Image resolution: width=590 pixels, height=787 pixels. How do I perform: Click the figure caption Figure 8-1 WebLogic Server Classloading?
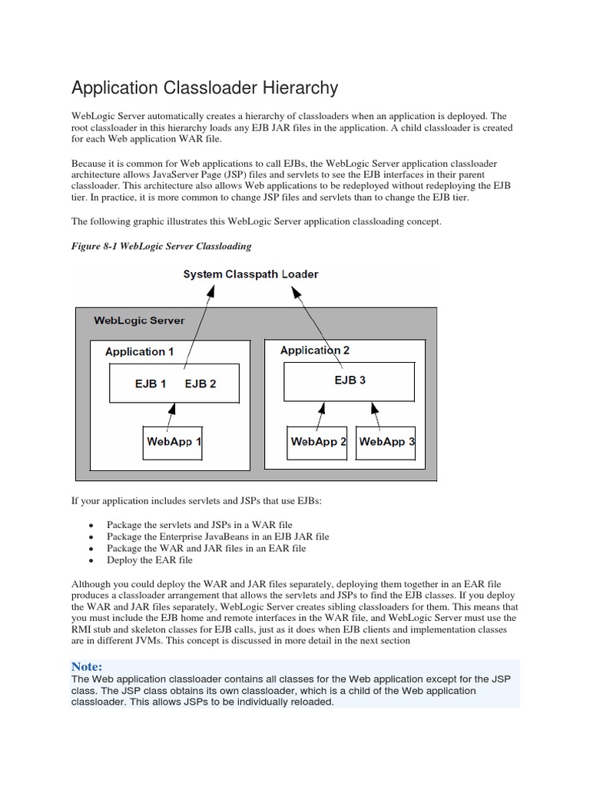pyautogui.click(x=161, y=246)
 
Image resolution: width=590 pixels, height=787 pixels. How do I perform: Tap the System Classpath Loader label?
pyautogui.click(x=250, y=274)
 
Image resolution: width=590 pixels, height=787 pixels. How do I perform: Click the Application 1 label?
pyautogui.click(x=139, y=351)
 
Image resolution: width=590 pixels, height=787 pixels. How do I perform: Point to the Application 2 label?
pyautogui.click(x=315, y=350)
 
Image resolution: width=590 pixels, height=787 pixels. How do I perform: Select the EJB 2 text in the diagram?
pyautogui.click(x=201, y=384)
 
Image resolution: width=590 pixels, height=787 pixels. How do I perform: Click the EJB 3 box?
pyautogui.click(x=350, y=381)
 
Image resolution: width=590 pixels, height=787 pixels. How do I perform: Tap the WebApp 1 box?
pyautogui.click(x=174, y=442)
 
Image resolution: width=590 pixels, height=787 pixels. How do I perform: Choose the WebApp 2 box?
pyautogui.click(x=318, y=442)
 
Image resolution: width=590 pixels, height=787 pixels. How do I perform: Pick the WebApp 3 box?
pyautogui.click(x=386, y=442)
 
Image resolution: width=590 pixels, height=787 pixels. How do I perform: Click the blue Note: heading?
pyautogui.click(x=87, y=666)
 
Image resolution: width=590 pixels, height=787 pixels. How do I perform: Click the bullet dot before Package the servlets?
pyautogui.click(x=91, y=525)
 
